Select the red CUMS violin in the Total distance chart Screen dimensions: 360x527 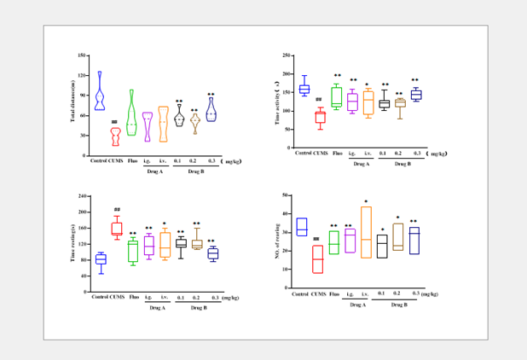(115, 136)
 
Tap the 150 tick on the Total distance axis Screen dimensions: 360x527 (82, 55)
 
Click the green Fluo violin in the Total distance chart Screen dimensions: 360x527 (131, 115)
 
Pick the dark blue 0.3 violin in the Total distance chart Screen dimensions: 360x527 (211, 111)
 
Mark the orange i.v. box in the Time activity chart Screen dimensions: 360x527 (368, 103)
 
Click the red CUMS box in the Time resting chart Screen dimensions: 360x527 (116, 229)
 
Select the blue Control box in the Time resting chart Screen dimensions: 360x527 (101, 259)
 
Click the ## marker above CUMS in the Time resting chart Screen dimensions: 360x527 (116, 209)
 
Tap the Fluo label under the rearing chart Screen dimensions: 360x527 (334, 293)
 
